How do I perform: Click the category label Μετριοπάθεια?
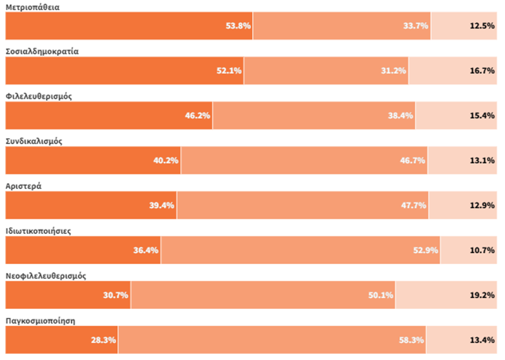[32, 7]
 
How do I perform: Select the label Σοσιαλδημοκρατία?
[41, 51]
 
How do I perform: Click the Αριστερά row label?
[23, 186]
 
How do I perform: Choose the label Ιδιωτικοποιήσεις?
[38, 231]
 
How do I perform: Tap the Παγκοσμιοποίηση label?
[40, 321]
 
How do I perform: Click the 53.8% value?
[238, 26]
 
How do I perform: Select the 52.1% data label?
[229, 71]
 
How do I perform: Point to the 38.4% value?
[401, 116]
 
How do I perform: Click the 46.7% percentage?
[413, 160]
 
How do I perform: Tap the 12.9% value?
[482, 205]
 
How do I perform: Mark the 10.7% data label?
[482, 250]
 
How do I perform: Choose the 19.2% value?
[482, 295]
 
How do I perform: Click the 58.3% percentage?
[411, 340]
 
